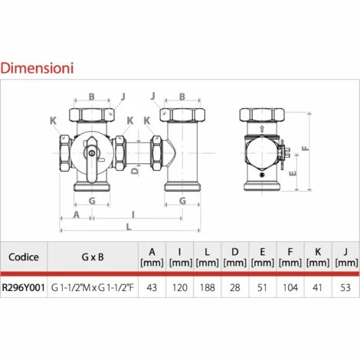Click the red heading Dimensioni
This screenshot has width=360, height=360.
(37, 67)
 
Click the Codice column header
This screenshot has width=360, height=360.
(24, 256)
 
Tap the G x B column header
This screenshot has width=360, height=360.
(92, 256)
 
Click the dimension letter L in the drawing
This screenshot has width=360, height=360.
(129, 226)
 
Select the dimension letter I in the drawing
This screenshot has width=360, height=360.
(133, 213)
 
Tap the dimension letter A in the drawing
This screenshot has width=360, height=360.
(77, 214)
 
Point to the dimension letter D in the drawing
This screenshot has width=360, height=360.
(135, 172)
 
